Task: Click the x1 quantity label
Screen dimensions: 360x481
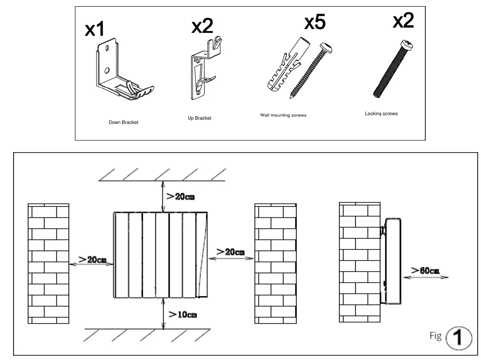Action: point(95,30)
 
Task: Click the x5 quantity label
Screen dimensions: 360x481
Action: point(315,22)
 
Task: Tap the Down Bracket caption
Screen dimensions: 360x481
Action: point(123,123)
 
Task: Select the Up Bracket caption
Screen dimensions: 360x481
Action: point(199,118)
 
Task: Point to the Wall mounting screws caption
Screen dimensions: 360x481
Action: point(283,115)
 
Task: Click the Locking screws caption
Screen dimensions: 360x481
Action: point(381,114)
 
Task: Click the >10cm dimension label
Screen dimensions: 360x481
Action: point(182,314)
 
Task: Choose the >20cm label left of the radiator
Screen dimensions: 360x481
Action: point(92,259)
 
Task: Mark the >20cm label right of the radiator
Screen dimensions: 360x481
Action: point(230,252)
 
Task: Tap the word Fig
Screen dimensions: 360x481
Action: point(435,336)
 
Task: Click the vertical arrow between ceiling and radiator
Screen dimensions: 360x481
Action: point(163,196)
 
